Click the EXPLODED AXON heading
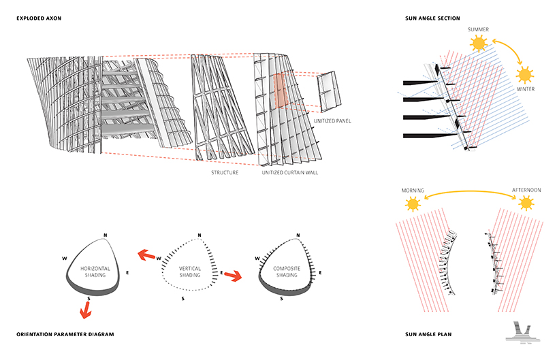[39, 18]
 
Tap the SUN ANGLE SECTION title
[432, 18]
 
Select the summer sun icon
[479, 44]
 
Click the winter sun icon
[525, 76]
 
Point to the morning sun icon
[413, 204]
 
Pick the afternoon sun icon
[526, 203]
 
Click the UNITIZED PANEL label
[332, 121]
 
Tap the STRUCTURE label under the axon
[225, 173]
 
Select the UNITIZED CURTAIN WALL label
[290, 173]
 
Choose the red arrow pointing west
[146, 255]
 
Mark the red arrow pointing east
[233, 276]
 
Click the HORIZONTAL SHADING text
[95, 272]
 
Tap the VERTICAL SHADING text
[190, 272]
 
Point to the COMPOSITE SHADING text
[287, 272]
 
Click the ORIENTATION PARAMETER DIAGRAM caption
[65, 334]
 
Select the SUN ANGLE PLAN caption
[428, 334]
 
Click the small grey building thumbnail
[523, 333]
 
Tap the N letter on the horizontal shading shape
[106, 235]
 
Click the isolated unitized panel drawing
[330, 91]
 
